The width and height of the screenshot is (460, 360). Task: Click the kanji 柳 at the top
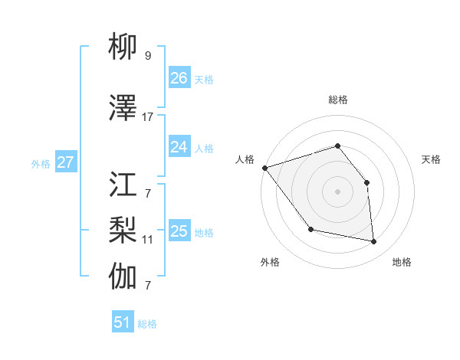(x=123, y=48)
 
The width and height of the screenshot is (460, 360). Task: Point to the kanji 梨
(x=123, y=227)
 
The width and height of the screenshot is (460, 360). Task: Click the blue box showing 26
(x=179, y=78)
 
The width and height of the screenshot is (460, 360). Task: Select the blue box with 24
(x=179, y=147)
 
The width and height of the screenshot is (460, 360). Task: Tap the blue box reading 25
(x=179, y=231)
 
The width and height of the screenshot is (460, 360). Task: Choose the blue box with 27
(x=66, y=162)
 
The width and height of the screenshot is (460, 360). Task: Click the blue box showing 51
(x=123, y=322)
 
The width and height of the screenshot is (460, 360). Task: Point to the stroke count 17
(x=148, y=117)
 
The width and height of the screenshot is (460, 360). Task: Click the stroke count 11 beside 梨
(x=148, y=240)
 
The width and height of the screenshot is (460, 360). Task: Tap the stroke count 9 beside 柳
(x=148, y=56)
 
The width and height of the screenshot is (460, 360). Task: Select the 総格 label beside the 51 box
(x=147, y=324)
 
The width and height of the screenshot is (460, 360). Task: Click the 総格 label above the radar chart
(x=337, y=100)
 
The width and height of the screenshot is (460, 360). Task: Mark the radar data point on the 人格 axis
(x=264, y=168)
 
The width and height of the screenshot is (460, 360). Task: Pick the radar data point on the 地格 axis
(x=374, y=242)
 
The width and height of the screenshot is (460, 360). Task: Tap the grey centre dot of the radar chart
(x=337, y=191)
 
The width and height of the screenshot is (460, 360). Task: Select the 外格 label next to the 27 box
(x=41, y=164)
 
